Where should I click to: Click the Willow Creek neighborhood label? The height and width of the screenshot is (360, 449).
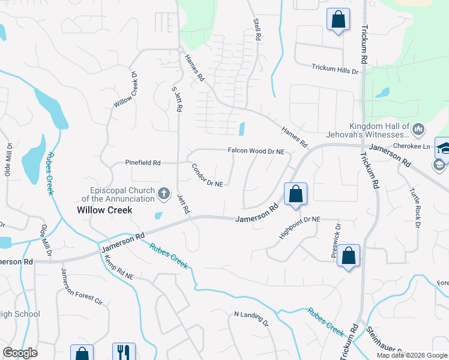(104, 211)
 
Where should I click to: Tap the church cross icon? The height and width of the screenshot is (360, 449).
(163, 193)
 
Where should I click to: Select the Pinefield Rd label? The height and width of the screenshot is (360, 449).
(142, 163)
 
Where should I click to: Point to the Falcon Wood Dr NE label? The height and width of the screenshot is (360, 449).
(255, 152)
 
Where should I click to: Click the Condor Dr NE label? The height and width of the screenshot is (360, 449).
(207, 175)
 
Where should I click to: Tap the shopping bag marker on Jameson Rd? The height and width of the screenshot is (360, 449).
(295, 194)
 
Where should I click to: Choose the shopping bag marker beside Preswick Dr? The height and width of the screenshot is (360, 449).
(349, 256)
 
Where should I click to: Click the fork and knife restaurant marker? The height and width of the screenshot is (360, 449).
(124, 352)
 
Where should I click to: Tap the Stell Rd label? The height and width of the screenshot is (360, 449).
(258, 28)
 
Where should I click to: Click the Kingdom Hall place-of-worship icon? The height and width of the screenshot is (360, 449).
(418, 129)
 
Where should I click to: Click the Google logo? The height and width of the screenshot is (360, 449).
(20, 353)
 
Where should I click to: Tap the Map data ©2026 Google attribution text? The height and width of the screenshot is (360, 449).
(412, 355)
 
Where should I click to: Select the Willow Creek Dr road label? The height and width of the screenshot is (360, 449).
(126, 90)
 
